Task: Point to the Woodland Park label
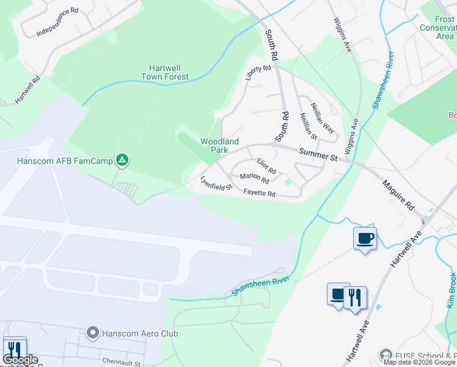(214, 146)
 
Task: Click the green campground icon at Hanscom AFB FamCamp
(122, 161)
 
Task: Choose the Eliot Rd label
(266, 165)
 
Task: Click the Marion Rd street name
(254, 177)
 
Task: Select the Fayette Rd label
(260, 194)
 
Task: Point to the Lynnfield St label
(216, 183)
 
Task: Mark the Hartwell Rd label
(28, 89)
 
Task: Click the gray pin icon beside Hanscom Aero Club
(93, 333)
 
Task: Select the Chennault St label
(122, 363)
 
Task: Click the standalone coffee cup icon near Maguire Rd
(365, 237)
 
